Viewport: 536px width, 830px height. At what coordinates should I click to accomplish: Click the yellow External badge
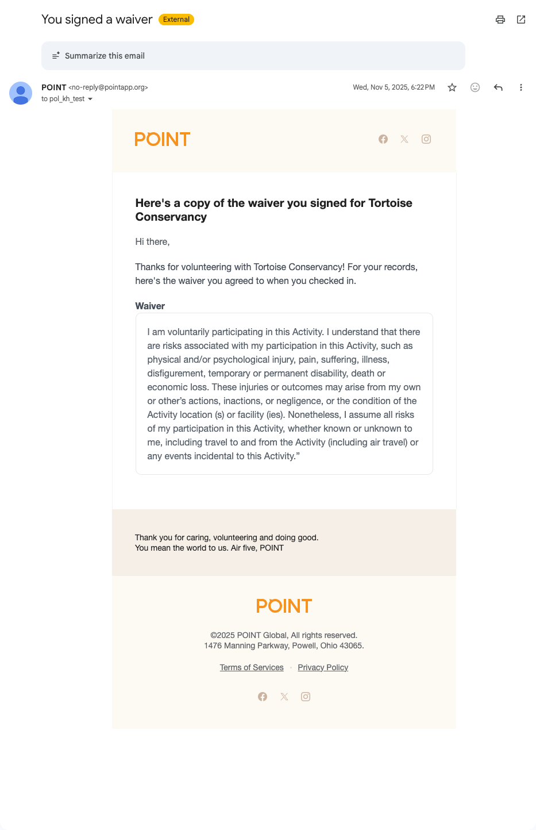click(x=176, y=20)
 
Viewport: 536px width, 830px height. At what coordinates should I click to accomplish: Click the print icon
click(x=500, y=20)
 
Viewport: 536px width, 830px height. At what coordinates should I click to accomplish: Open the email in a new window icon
click(x=521, y=20)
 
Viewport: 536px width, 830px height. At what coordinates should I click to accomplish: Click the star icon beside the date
click(x=452, y=87)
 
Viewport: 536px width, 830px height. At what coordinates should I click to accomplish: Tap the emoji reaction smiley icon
click(x=475, y=87)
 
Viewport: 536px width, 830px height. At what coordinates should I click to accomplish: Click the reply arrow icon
click(x=498, y=87)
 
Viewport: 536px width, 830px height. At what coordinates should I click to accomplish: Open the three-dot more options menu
click(x=521, y=87)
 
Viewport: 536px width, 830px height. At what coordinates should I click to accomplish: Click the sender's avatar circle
click(x=21, y=93)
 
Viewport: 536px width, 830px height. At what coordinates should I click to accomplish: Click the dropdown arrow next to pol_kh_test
click(x=90, y=99)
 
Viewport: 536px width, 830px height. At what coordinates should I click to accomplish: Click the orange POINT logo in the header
click(x=162, y=139)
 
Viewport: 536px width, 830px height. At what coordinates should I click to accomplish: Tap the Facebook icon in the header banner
click(x=383, y=139)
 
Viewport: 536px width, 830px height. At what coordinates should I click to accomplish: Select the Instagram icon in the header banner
click(x=426, y=139)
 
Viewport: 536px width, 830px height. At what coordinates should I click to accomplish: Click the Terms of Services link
click(x=252, y=667)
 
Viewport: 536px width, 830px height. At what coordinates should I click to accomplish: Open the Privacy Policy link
click(x=323, y=667)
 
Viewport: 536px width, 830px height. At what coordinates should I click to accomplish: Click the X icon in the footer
click(x=284, y=697)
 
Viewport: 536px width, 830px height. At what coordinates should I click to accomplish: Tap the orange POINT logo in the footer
click(x=284, y=606)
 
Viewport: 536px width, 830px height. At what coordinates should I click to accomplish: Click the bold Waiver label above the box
click(x=150, y=306)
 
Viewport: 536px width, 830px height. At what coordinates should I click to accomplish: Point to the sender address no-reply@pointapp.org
click(x=109, y=87)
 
